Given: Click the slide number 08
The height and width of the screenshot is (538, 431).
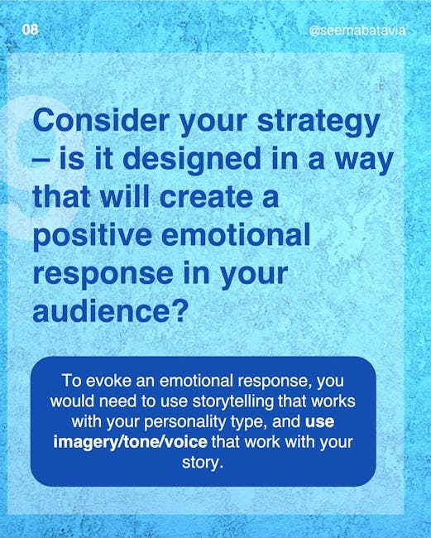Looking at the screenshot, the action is tap(30, 30).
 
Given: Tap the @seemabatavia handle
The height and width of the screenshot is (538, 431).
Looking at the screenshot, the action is tap(357, 31).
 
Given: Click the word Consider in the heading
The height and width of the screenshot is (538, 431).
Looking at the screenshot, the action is tap(101, 121).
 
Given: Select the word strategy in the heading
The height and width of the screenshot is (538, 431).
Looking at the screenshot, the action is tap(318, 123).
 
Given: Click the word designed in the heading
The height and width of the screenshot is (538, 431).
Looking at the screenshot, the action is tap(192, 161).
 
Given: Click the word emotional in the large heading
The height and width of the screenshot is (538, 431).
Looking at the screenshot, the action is tap(236, 235).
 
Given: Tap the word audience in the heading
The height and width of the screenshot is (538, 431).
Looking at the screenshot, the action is tap(102, 310).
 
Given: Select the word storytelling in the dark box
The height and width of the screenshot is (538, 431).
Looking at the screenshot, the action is tap(233, 401).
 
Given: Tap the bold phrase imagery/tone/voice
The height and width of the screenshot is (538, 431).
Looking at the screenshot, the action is tap(131, 443).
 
